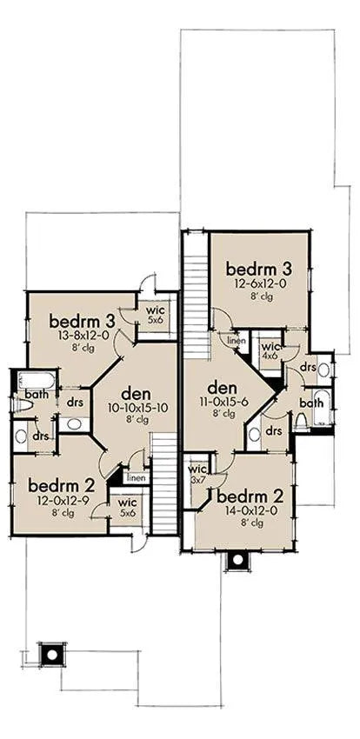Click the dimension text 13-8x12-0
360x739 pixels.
(82, 336)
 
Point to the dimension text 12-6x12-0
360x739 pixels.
(260, 284)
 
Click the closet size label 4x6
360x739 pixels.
(269, 356)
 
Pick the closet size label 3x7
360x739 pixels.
(196, 479)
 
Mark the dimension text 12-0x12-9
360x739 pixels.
(62, 501)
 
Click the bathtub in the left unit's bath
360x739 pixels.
(37, 380)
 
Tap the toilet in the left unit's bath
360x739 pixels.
(23, 405)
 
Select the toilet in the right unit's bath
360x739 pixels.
(301, 421)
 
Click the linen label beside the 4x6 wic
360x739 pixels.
(236, 340)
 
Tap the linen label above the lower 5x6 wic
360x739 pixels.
(137, 478)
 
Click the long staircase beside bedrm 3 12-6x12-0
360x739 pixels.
(196, 306)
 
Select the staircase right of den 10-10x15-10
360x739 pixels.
(165, 484)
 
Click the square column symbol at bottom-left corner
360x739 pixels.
(52, 655)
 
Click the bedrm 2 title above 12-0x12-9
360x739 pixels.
(62, 486)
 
